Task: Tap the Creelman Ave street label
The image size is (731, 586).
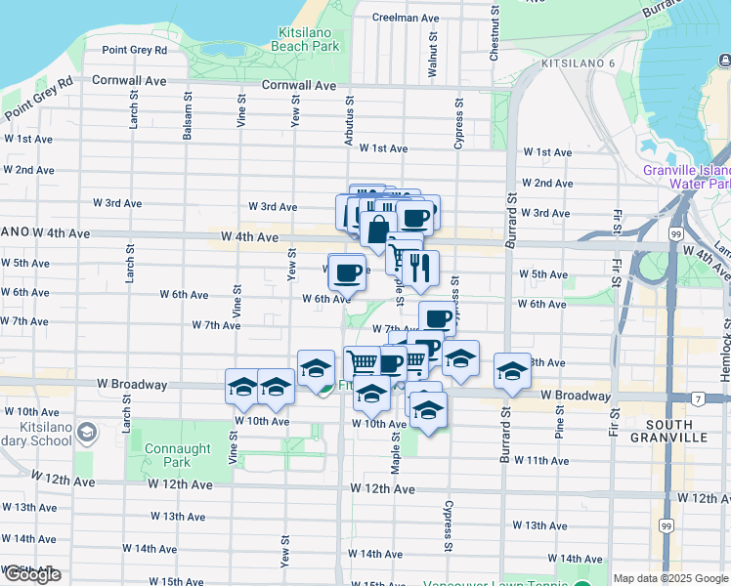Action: click(406, 18)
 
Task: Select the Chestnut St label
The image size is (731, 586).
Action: click(494, 39)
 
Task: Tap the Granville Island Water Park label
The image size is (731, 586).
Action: click(688, 177)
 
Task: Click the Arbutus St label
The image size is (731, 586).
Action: click(348, 122)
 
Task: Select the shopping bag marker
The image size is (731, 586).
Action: click(377, 231)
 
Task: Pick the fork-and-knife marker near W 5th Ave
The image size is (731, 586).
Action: click(420, 268)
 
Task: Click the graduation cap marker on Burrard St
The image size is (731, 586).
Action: click(512, 370)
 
